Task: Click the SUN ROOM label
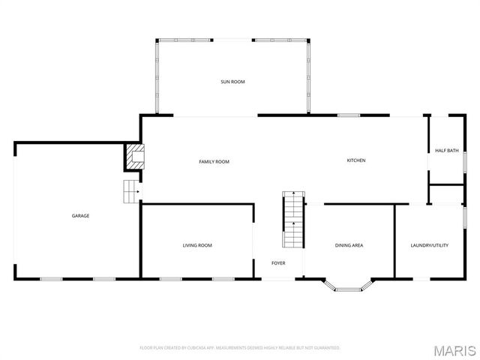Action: [x=232, y=81]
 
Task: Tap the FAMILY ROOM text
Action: [x=214, y=161]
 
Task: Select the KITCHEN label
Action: [x=355, y=160]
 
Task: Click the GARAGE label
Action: [x=80, y=216]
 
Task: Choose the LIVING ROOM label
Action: [x=197, y=245]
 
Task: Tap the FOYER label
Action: [x=278, y=263]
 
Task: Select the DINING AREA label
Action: [x=349, y=245]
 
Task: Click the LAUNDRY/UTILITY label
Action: [x=430, y=245]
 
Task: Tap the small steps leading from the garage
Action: [x=132, y=192]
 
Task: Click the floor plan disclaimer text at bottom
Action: [x=240, y=348]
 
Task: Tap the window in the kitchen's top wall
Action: [x=348, y=115]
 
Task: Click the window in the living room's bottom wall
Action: [x=170, y=279]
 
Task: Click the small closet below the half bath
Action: [x=445, y=193]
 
